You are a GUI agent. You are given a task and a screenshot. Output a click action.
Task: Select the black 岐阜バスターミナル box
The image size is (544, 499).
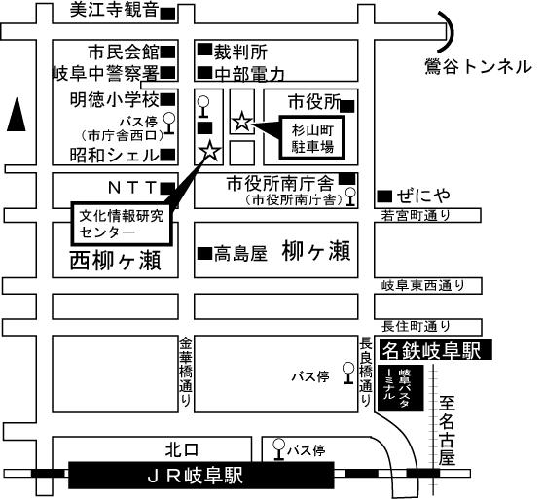point(401,388)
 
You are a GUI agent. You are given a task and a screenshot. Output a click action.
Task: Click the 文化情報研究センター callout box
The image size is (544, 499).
point(122,224)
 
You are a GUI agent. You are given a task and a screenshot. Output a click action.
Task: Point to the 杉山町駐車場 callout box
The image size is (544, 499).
point(312,138)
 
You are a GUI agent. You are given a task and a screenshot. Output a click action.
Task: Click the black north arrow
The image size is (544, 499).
point(17,115)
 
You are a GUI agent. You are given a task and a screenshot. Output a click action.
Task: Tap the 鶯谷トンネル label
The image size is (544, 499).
point(479,66)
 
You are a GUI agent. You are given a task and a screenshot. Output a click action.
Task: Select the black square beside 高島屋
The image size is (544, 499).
point(204,253)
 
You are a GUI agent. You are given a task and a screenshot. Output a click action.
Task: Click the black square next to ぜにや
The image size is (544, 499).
point(384,196)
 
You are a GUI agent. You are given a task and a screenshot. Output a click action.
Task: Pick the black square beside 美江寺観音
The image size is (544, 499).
point(168,14)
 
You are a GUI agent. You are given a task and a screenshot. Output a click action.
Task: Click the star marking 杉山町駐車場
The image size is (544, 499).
point(241,122)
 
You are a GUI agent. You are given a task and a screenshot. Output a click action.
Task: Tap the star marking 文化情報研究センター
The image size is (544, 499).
point(210,152)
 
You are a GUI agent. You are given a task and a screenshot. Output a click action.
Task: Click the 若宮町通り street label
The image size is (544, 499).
point(416,215)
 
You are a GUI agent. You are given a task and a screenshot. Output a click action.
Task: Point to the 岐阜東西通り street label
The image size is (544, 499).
point(423,286)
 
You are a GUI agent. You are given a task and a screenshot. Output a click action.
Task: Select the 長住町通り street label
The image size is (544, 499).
point(416,326)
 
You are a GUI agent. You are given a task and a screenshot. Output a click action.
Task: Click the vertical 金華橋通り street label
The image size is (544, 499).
point(186,372)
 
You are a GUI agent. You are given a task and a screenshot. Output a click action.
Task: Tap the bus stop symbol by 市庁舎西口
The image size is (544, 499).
point(169,124)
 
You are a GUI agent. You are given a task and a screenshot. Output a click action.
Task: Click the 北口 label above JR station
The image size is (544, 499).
point(181,450)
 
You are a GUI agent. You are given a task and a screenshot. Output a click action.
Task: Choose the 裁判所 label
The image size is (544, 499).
point(240,53)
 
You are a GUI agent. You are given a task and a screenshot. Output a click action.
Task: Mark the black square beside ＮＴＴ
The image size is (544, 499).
point(168,189)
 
